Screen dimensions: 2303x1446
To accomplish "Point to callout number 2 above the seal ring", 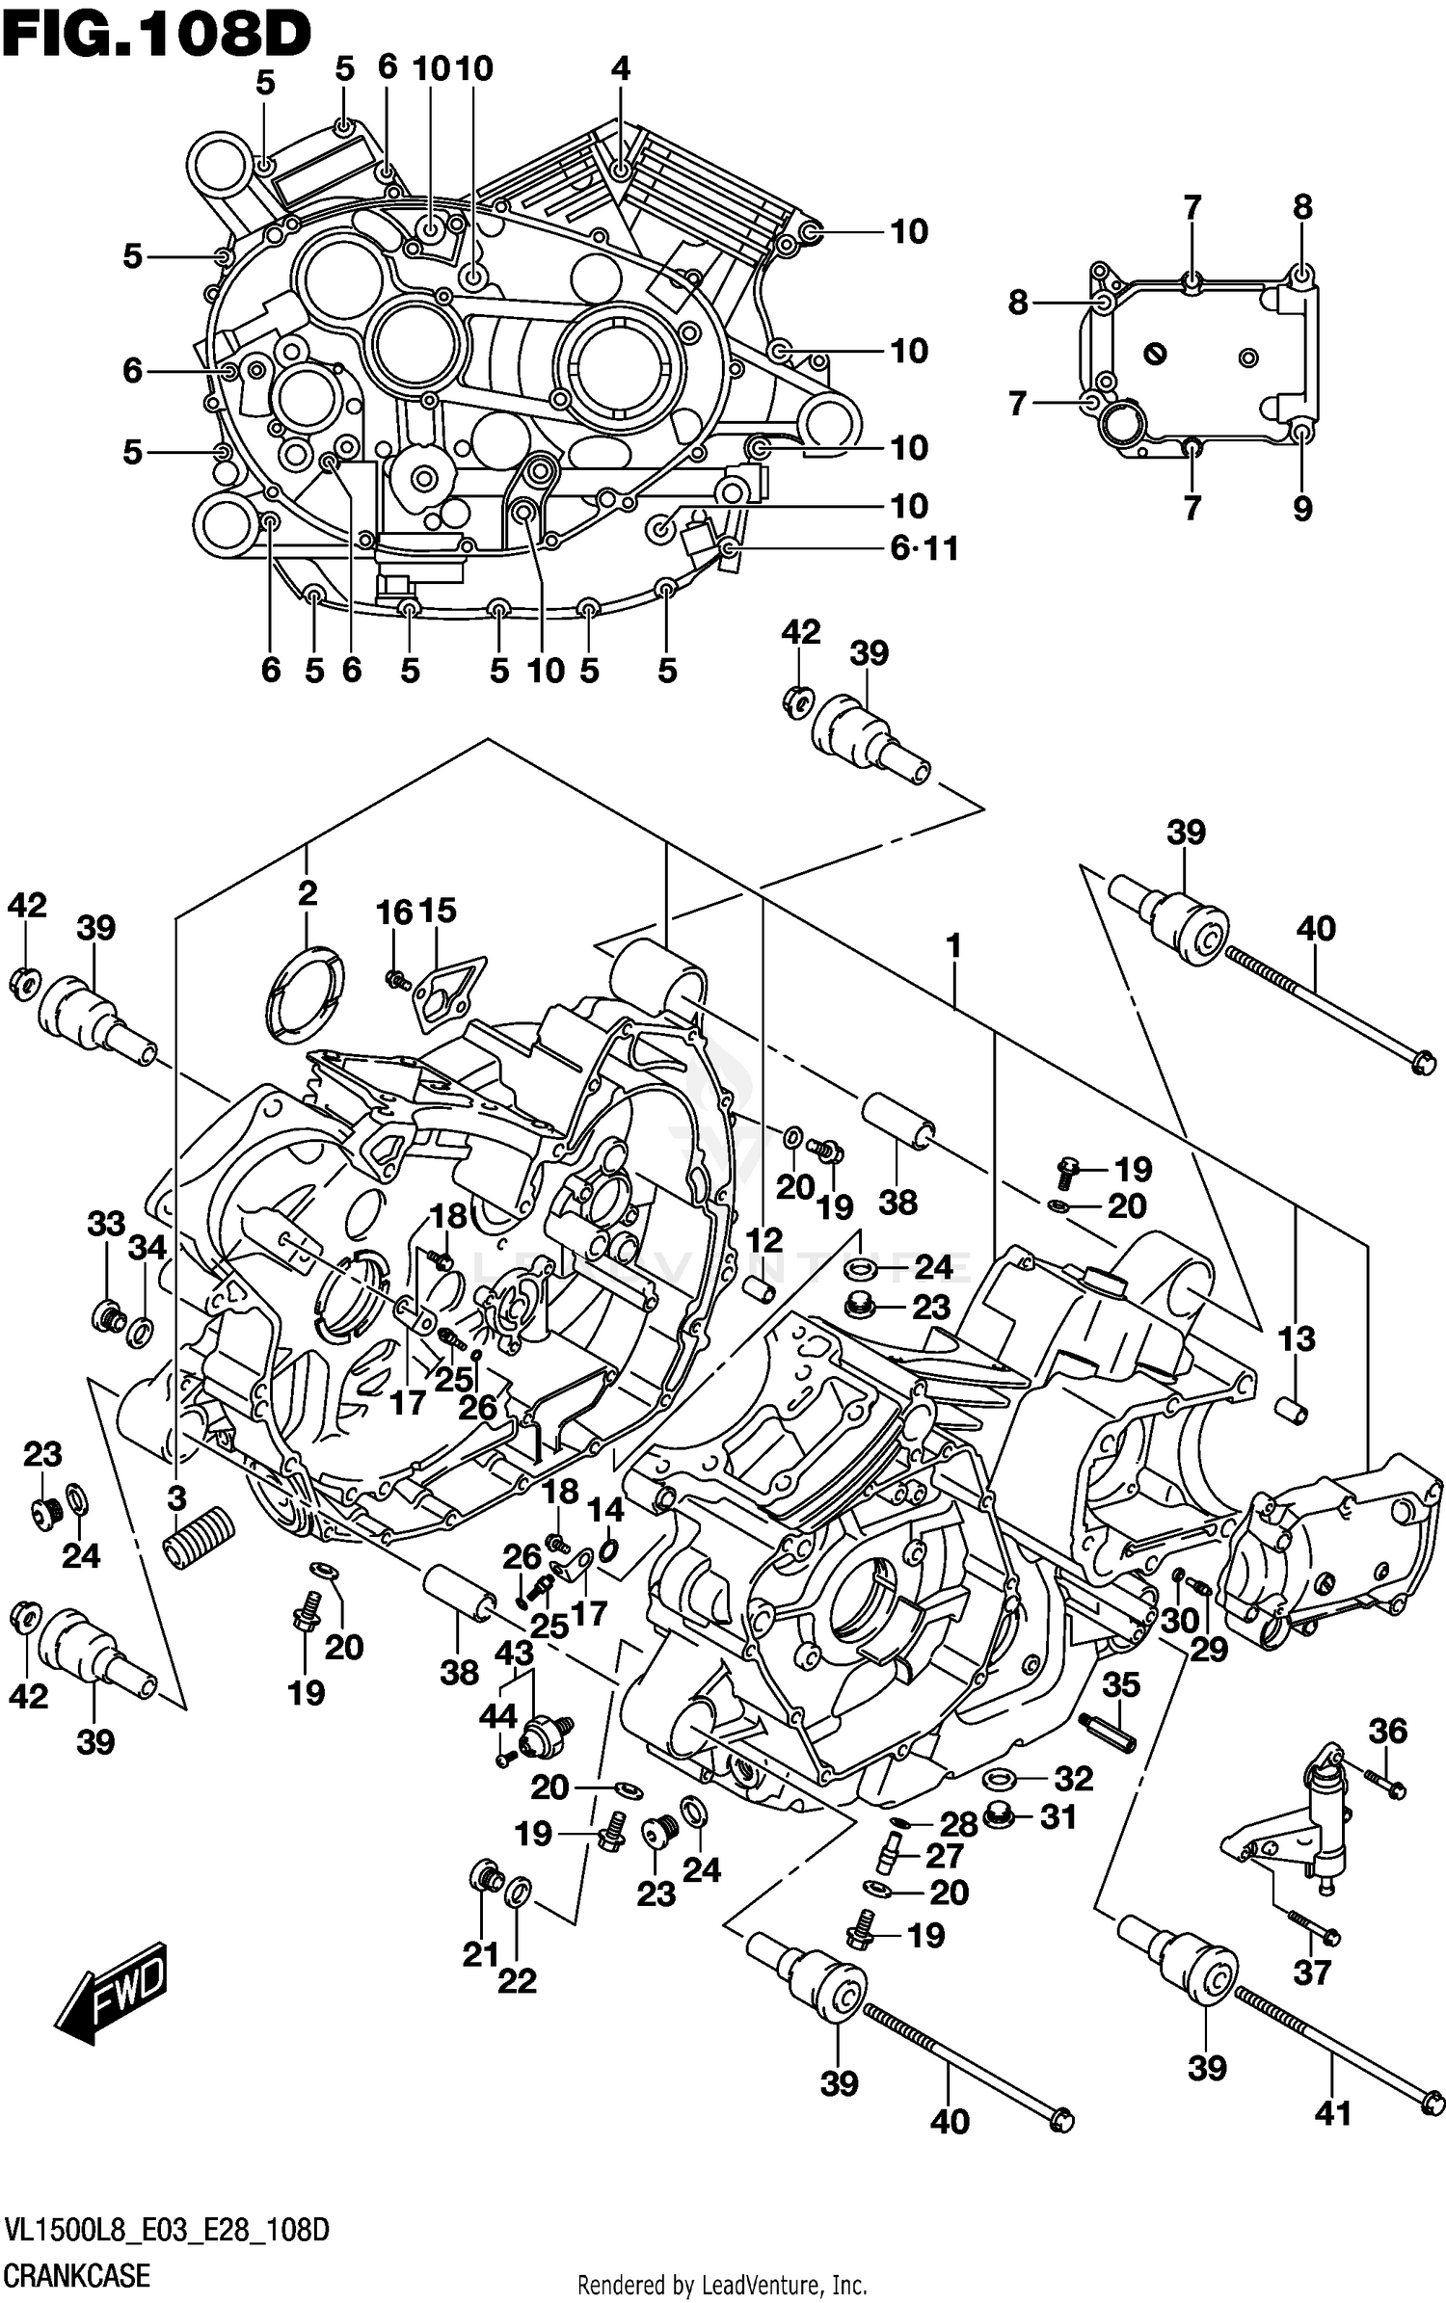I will [307, 893].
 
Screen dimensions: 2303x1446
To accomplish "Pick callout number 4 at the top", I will [621, 68].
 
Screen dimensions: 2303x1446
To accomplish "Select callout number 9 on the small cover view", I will [1302, 508].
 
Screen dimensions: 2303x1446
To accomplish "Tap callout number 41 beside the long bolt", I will [1332, 2113].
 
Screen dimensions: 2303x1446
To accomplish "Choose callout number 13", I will [1297, 1338].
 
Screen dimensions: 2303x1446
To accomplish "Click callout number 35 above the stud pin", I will [1121, 1684].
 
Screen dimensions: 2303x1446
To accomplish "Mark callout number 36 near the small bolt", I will [1388, 1731].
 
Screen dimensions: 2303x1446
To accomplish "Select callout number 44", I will [498, 1714].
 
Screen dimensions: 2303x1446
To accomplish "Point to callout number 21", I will [480, 1954].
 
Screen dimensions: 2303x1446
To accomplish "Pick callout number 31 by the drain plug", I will [1058, 1817].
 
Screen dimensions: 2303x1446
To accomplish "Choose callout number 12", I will [763, 1239].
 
